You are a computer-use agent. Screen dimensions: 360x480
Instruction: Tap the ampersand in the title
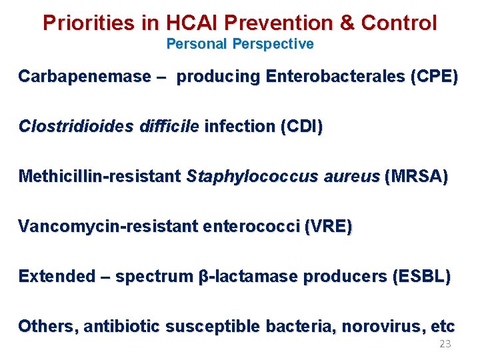click(347, 23)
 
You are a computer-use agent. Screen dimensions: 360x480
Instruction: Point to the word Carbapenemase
click(85, 77)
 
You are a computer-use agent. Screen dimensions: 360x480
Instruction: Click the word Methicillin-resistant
click(100, 177)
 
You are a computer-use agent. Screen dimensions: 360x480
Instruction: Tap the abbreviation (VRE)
click(328, 227)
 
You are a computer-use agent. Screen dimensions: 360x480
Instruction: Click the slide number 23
click(445, 344)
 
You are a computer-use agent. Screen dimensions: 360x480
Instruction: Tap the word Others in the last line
click(42, 327)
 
